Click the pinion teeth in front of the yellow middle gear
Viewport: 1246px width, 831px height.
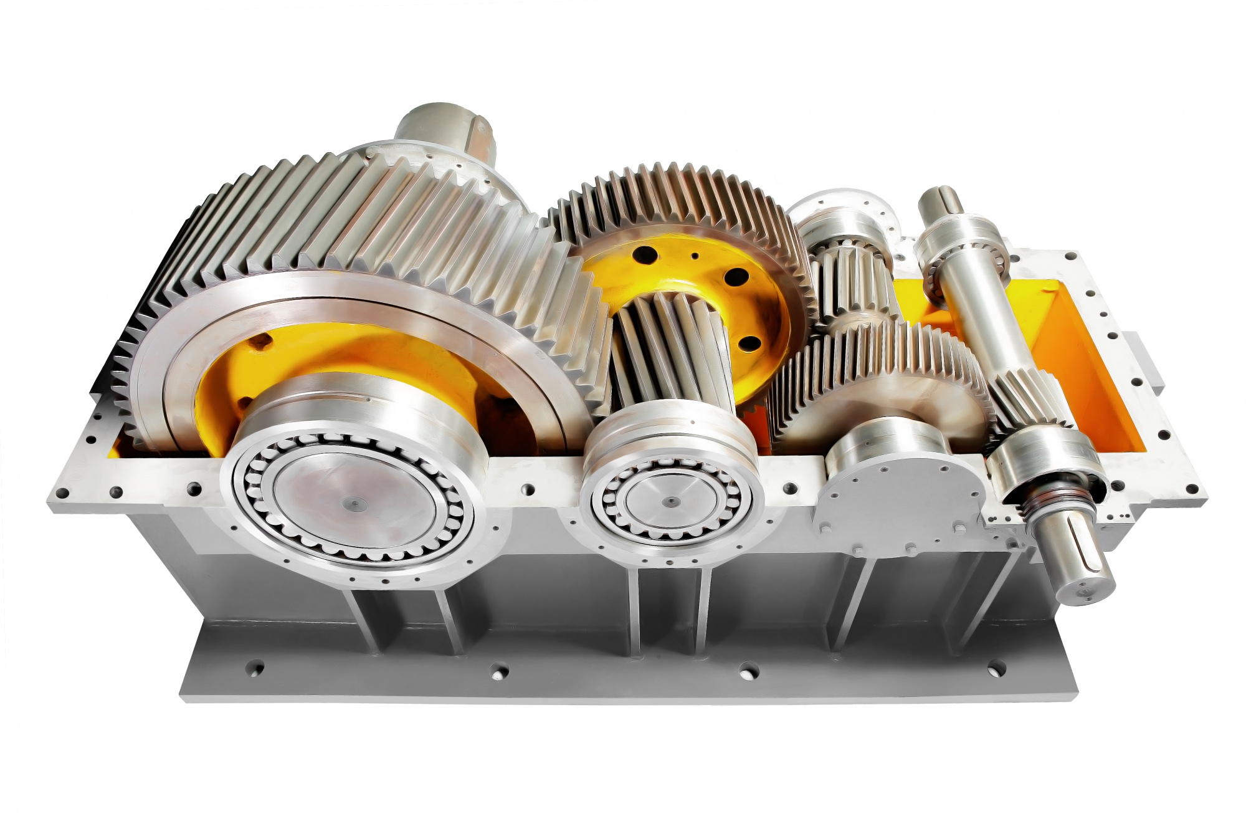673,355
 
